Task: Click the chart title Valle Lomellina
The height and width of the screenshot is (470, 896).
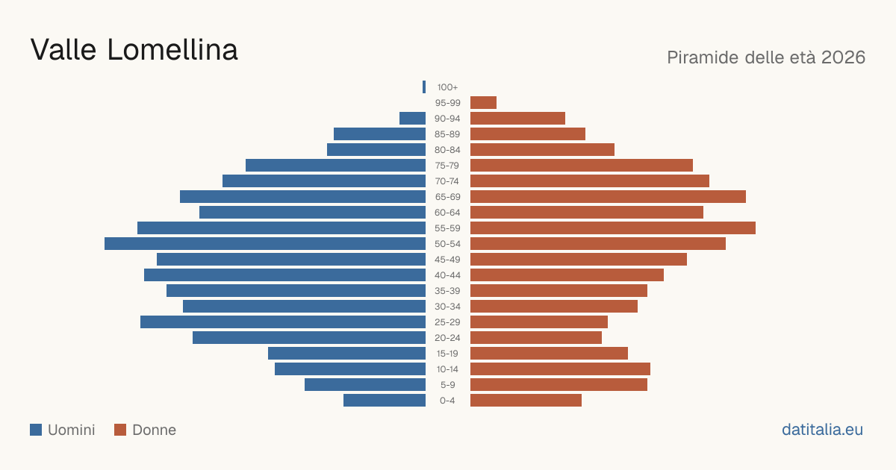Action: pyautogui.click(x=134, y=50)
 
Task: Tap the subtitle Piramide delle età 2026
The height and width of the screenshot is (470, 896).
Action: pyautogui.click(x=766, y=57)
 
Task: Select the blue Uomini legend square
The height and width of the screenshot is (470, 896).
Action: pyautogui.click(x=36, y=430)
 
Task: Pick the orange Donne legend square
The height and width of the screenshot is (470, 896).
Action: pyautogui.click(x=120, y=430)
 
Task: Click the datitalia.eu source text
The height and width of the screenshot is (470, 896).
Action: pyautogui.click(x=822, y=430)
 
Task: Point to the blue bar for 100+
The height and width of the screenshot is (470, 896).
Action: pyautogui.click(x=424, y=87)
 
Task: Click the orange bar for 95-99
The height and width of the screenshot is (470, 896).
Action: pyautogui.click(x=483, y=103)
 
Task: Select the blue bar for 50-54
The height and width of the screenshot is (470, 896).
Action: pyautogui.click(x=265, y=244)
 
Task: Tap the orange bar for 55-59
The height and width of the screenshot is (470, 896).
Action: pyautogui.click(x=613, y=228)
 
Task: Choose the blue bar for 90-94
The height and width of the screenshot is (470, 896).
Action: pyautogui.click(x=412, y=119)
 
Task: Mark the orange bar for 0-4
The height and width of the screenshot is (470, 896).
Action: pyautogui.click(x=526, y=401)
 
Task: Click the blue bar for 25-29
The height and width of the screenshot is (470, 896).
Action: pyautogui.click(x=283, y=322)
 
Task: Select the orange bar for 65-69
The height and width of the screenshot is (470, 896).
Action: pyautogui.click(x=608, y=197)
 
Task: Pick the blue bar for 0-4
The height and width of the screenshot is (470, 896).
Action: pyautogui.click(x=385, y=401)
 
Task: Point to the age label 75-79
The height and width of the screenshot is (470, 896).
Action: pyautogui.click(x=447, y=166)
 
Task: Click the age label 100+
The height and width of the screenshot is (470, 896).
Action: pyautogui.click(x=447, y=87)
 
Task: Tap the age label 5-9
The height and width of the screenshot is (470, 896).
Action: pyautogui.click(x=447, y=385)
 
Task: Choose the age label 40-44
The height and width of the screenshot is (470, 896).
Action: pyautogui.click(x=447, y=275)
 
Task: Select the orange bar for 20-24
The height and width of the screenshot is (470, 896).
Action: pyautogui.click(x=536, y=338)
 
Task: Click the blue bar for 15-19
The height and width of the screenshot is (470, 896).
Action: pyautogui.click(x=346, y=354)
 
